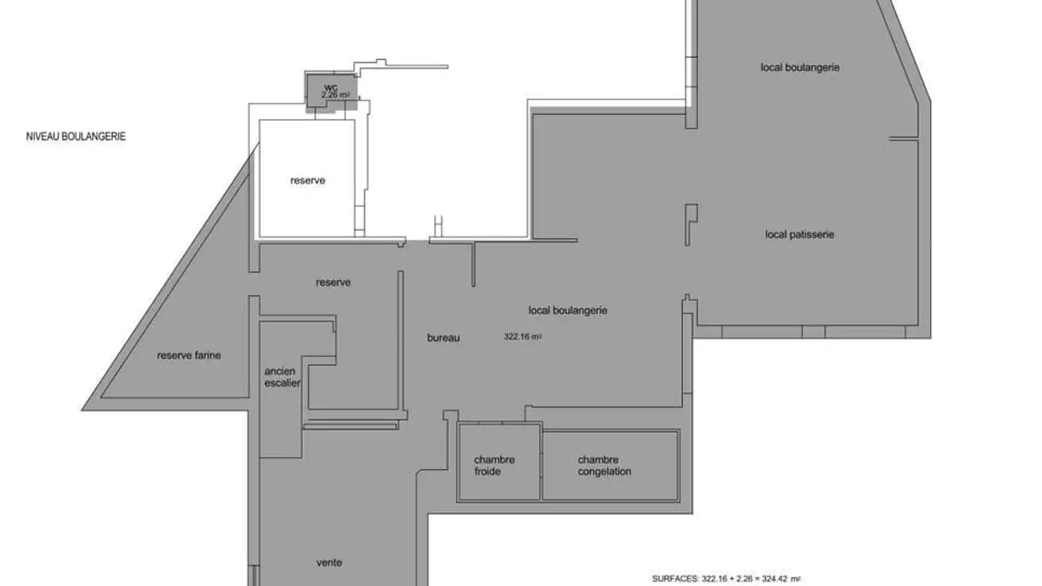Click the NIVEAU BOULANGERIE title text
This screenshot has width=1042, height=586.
(x=76, y=136)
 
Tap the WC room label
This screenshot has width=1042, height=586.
(x=331, y=88)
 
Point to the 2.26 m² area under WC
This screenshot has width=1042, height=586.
(x=335, y=95)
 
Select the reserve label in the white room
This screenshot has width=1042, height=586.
(x=308, y=180)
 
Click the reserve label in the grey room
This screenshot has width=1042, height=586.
(x=333, y=282)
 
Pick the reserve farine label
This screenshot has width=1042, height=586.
(x=189, y=355)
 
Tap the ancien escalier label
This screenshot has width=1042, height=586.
(x=282, y=377)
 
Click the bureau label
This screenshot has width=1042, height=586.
(x=444, y=338)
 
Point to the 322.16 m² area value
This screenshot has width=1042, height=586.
(x=522, y=336)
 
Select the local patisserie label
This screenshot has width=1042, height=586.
(x=800, y=234)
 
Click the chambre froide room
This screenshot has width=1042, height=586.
(x=499, y=462)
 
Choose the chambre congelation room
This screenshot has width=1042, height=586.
(x=610, y=466)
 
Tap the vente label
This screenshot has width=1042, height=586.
(x=329, y=563)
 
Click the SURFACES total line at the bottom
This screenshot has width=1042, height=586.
(x=727, y=579)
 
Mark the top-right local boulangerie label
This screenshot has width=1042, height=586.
(x=800, y=67)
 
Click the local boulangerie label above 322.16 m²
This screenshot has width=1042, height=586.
(x=568, y=310)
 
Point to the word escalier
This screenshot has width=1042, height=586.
(x=282, y=383)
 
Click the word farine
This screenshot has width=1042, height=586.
(x=208, y=355)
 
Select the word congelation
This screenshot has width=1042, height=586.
(x=605, y=472)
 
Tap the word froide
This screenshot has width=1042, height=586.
(x=488, y=472)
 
